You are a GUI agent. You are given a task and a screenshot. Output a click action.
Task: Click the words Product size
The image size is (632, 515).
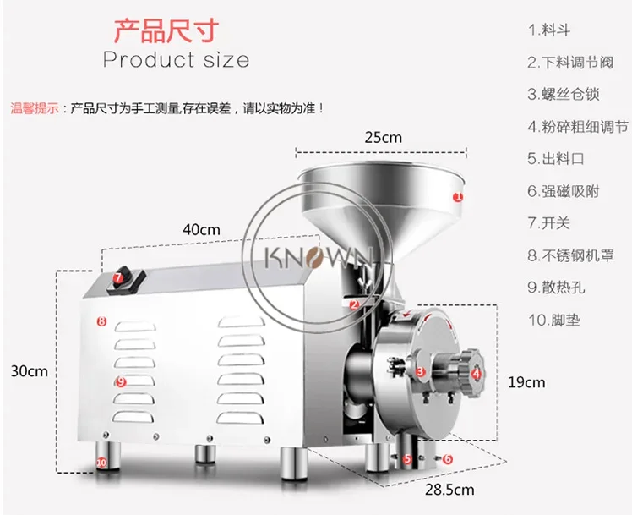(x=176, y=60)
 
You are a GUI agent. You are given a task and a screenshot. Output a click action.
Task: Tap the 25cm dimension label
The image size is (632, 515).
(x=383, y=137)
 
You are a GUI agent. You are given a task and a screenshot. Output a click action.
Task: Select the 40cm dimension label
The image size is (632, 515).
(x=201, y=229)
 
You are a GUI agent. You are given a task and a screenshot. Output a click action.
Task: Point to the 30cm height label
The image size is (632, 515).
(x=29, y=371)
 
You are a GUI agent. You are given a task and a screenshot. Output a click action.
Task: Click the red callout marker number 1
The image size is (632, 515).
(x=458, y=196)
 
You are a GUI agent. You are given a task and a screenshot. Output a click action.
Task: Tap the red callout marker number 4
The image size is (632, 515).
(x=477, y=372)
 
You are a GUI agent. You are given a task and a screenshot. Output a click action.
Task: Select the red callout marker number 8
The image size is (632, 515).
(x=100, y=321)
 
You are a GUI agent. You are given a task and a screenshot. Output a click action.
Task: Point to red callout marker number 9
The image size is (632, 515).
(x=121, y=382)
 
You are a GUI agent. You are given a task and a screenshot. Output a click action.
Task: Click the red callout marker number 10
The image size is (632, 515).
(x=101, y=463)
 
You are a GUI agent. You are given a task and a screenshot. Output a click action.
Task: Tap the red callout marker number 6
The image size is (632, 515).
(x=448, y=459)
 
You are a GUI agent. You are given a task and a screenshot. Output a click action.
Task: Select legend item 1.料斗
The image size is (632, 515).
(x=550, y=30)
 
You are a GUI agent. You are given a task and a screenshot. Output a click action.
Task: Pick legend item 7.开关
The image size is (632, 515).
(x=551, y=223)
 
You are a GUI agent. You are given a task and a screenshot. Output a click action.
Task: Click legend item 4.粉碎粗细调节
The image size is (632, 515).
(x=578, y=127)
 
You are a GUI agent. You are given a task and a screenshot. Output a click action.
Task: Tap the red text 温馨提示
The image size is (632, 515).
(x=34, y=108)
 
